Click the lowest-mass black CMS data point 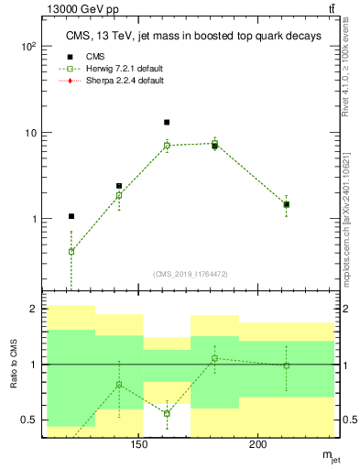pos(71,216)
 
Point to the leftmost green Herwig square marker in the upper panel pos(71,251)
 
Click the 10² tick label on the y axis pos(28,46)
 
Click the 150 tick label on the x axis pos(138,445)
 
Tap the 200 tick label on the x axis pos(258,445)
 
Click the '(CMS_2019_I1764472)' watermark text pos(191,274)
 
